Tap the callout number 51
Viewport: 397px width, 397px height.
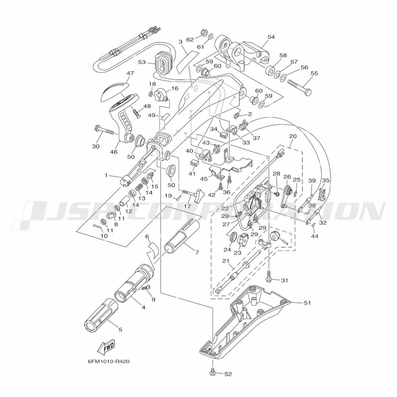point(307,303)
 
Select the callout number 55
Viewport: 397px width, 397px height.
point(314,73)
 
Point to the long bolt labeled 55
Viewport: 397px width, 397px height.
point(299,87)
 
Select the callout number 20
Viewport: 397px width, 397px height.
point(293,136)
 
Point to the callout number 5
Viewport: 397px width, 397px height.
point(120,330)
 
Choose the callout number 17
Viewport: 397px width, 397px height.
point(187,206)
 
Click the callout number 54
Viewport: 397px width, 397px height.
point(271,37)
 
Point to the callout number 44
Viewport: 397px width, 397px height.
point(315,236)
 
